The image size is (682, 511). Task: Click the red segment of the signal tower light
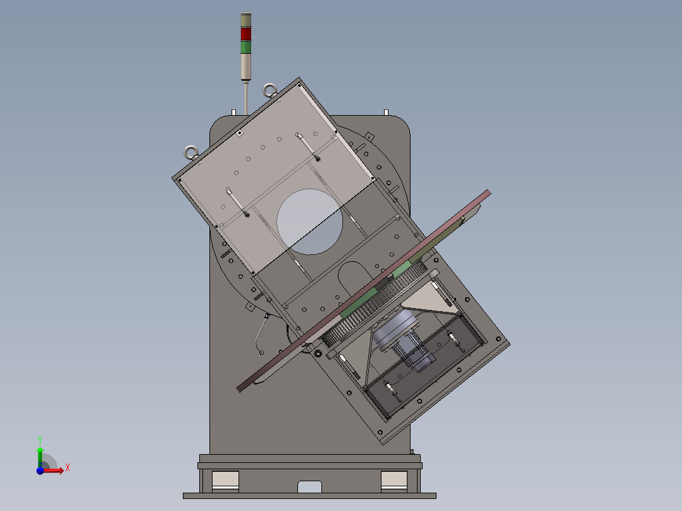click(245, 34)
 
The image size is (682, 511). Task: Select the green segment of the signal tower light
click(245, 47)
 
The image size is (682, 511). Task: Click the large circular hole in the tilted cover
click(309, 221)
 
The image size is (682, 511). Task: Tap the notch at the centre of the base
click(309, 486)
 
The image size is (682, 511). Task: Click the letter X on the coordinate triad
click(68, 467)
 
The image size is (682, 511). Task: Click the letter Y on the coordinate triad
click(39, 438)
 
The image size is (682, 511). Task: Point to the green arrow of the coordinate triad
click(40, 454)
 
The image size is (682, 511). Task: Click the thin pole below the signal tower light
click(245, 98)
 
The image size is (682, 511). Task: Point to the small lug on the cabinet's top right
click(385, 113)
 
